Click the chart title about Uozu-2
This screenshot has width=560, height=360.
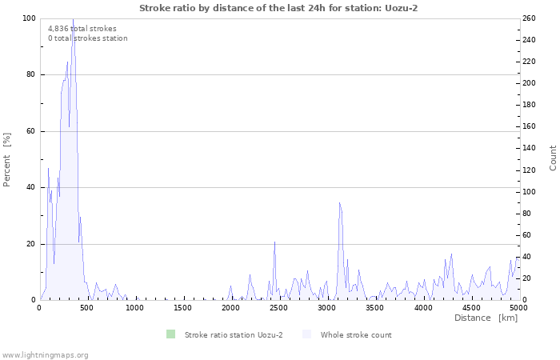(278, 8)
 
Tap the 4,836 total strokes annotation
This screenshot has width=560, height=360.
(82, 29)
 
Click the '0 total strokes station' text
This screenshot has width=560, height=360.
(87, 38)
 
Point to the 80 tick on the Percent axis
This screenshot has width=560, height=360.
(30, 74)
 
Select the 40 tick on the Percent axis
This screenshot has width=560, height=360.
(30, 187)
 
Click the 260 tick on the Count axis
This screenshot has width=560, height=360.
(529, 18)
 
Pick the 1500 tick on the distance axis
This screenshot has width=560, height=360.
(183, 307)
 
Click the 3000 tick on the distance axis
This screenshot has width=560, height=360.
(326, 307)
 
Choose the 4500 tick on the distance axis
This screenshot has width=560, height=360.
(470, 307)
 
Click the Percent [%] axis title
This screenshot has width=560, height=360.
(7, 159)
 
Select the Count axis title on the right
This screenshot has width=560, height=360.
(553, 158)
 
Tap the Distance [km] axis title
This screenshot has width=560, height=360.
(486, 318)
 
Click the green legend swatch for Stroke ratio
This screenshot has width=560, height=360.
(170, 334)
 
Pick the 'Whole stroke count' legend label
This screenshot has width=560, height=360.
(355, 334)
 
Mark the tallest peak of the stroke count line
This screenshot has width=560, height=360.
(73, 19)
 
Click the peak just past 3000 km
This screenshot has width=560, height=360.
(339, 202)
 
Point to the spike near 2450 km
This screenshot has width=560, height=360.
(274, 242)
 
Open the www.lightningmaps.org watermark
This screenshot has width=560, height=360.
(45, 354)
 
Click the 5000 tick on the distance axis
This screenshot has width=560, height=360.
(518, 307)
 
